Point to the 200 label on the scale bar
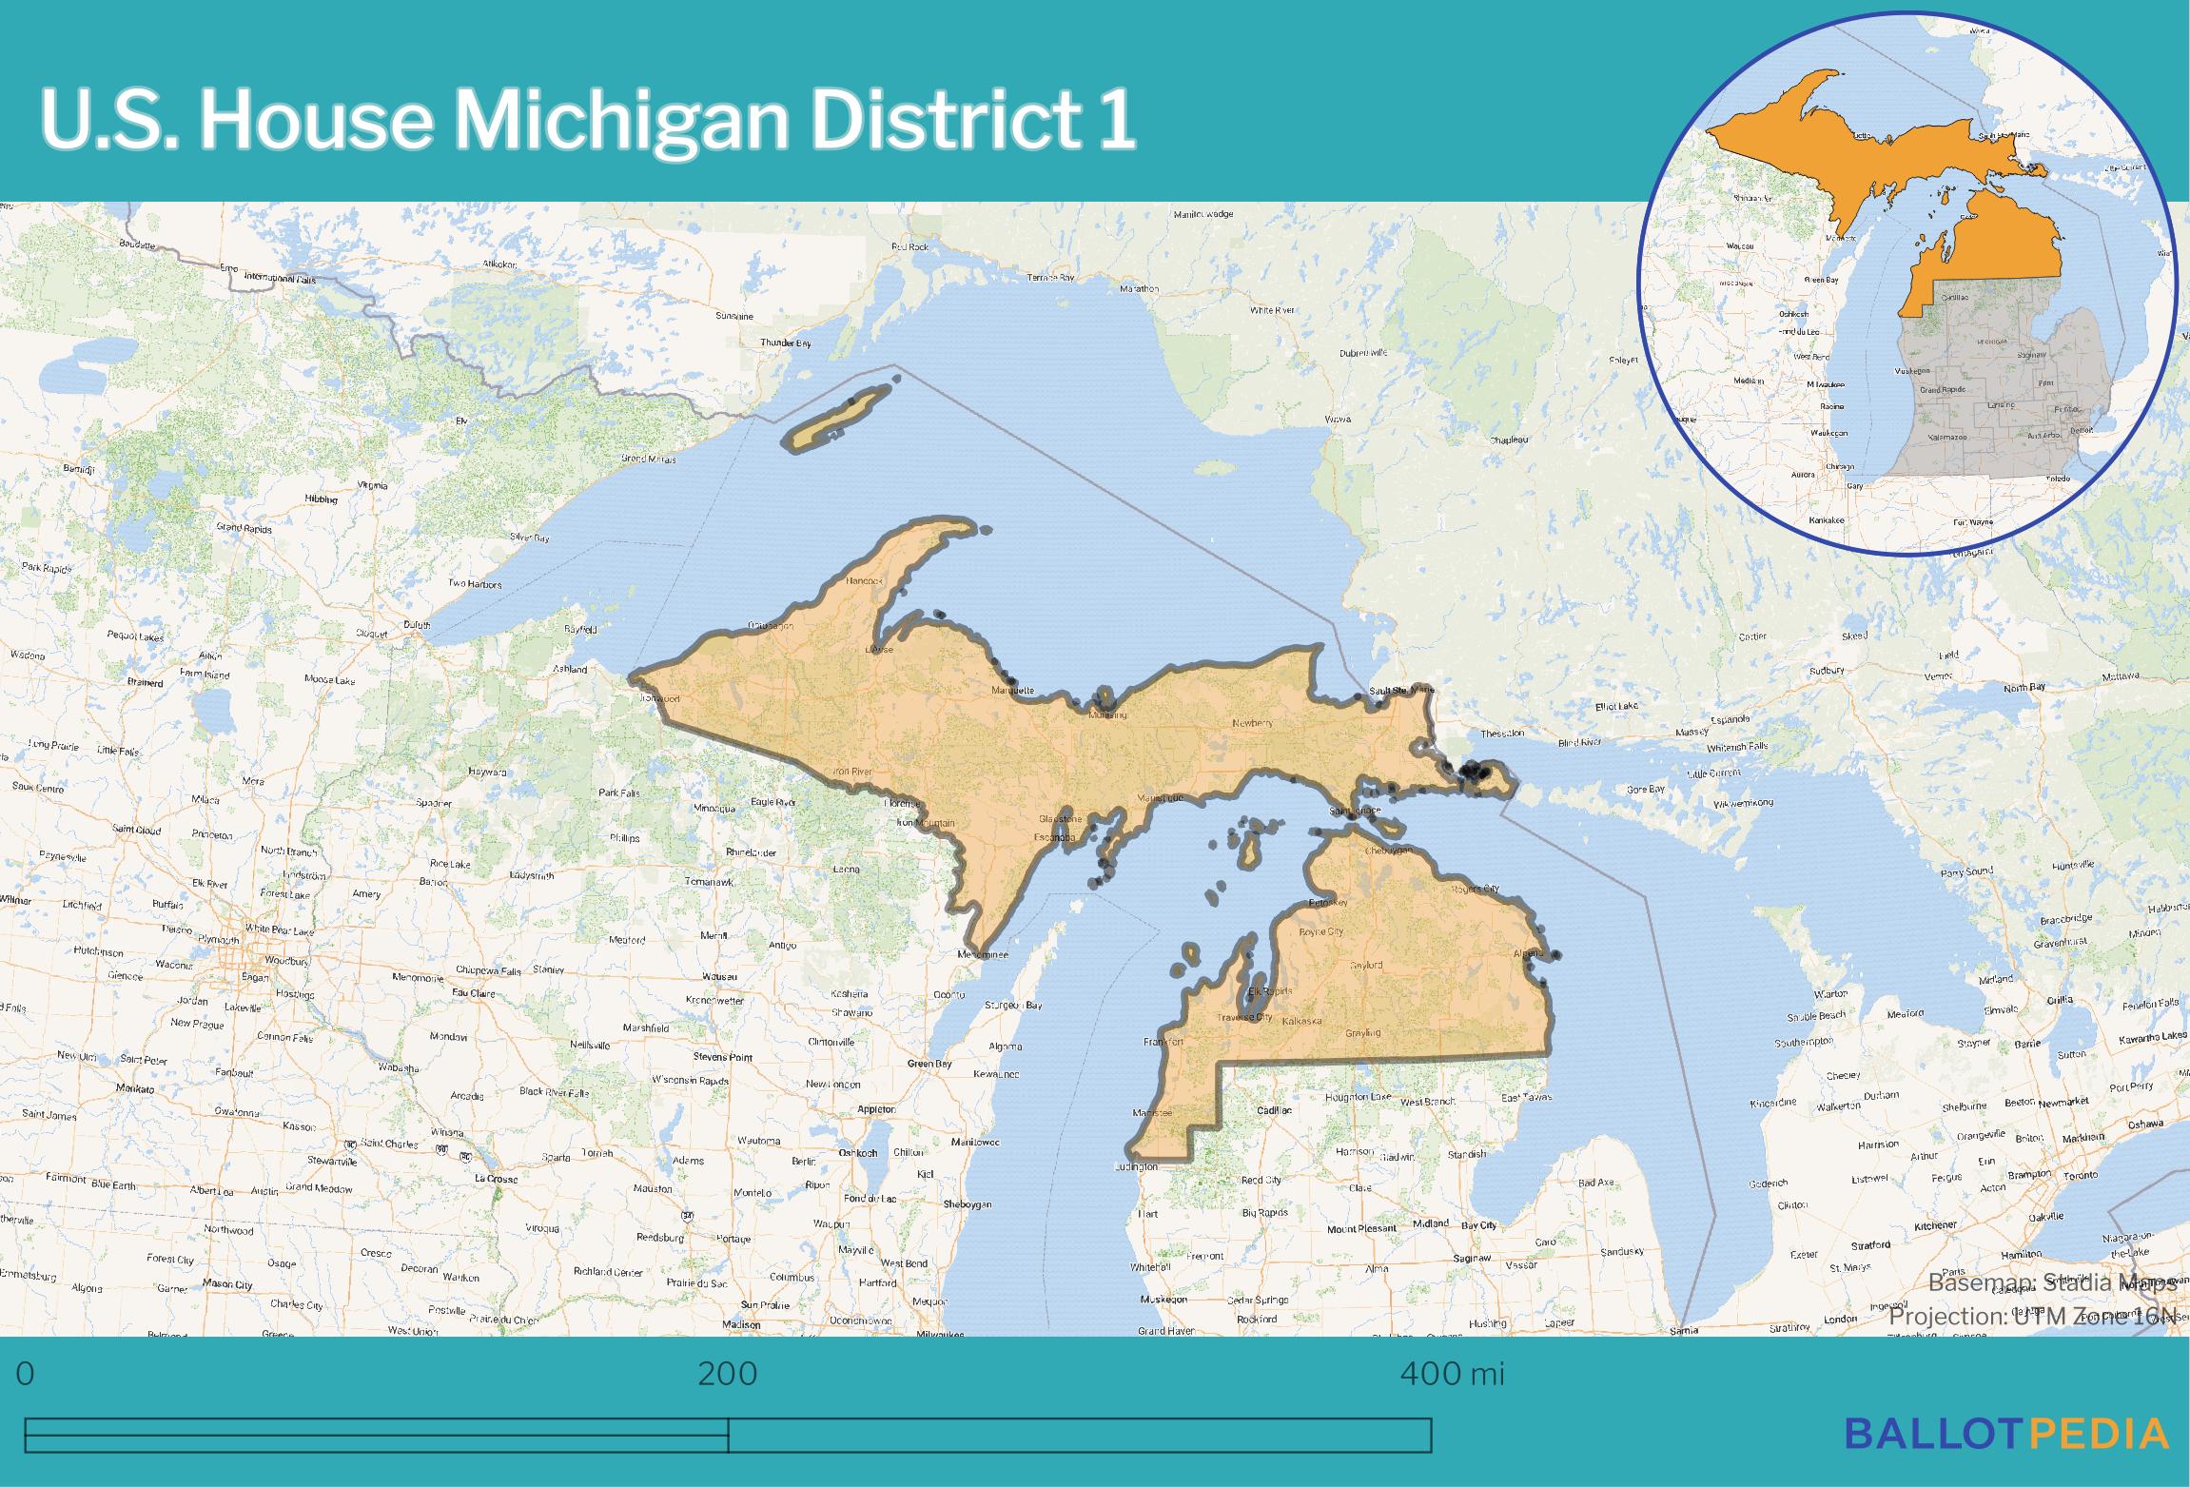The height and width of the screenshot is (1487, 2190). (728, 1374)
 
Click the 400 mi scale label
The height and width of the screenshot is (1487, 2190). (1452, 1374)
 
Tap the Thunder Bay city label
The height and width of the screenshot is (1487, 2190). (785, 342)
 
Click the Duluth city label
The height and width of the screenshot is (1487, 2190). (417, 625)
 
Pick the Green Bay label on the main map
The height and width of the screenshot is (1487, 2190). (929, 1064)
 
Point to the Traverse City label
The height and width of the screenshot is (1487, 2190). (1244, 1017)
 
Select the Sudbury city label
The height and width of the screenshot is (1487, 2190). (1827, 670)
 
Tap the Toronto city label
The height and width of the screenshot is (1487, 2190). (2080, 1175)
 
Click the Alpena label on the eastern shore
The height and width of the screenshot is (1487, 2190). (1529, 952)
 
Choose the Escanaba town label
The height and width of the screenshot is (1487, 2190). (1054, 837)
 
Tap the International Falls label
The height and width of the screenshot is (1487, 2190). (279, 278)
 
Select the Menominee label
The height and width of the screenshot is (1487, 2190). (983, 954)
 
